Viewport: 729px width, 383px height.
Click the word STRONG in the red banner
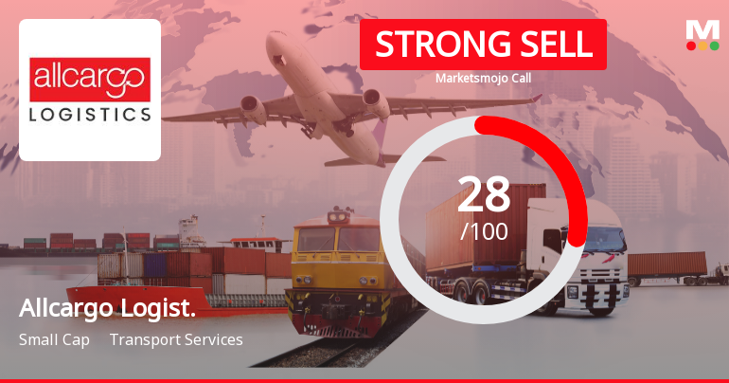(430, 45)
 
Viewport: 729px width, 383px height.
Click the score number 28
(484, 196)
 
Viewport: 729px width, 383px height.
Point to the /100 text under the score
(484, 231)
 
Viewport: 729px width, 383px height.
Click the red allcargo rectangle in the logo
(90, 80)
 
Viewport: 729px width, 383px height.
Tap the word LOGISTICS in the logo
(90, 114)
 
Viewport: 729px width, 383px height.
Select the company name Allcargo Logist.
(108, 310)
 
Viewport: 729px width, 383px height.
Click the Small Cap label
(54, 339)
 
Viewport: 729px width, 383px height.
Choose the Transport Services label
(176, 339)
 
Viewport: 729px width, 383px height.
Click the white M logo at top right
(702, 30)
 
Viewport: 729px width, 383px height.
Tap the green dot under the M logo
(714, 46)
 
